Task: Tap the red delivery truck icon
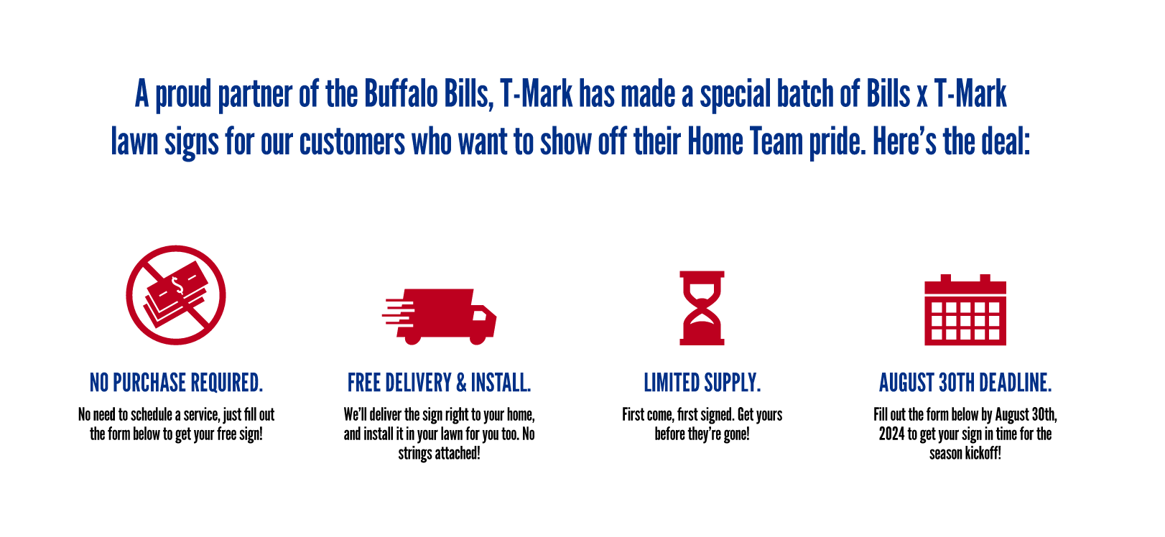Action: tap(440, 317)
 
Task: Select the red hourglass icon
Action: tap(702, 308)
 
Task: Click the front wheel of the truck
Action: tap(478, 338)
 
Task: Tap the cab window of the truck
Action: tap(480, 315)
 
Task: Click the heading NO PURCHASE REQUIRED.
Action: tap(176, 383)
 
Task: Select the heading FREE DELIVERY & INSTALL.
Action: tap(440, 383)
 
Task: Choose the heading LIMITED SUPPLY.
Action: tap(702, 383)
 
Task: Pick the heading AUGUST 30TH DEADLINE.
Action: tap(965, 383)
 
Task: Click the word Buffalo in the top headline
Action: tap(401, 93)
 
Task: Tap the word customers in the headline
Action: tap(352, 142)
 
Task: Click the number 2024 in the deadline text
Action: tap(892, 434)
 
